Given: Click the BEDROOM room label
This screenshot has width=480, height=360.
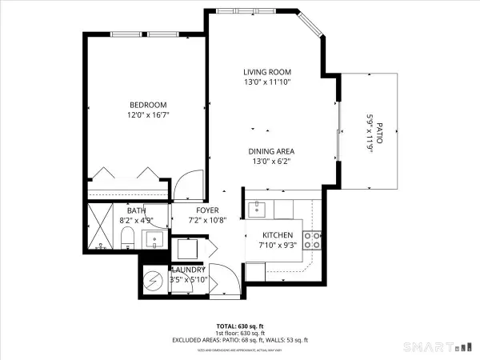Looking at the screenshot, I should (148, 106).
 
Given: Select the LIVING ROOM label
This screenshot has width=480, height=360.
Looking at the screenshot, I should (267, 72).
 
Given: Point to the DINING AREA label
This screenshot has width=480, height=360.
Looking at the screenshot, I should (267, 150).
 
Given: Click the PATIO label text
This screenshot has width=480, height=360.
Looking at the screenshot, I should (380, 133).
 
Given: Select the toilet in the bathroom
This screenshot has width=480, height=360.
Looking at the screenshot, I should (127, 238).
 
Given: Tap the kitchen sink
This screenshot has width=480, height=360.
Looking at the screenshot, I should (258, 209).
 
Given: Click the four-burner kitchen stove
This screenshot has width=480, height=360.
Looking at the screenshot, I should (315, 237).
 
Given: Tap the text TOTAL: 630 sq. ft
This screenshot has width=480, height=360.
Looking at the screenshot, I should (239, 326).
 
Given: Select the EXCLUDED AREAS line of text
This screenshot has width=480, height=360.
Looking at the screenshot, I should (239, 340).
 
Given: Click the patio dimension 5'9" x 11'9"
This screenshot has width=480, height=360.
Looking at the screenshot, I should (370, 133).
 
